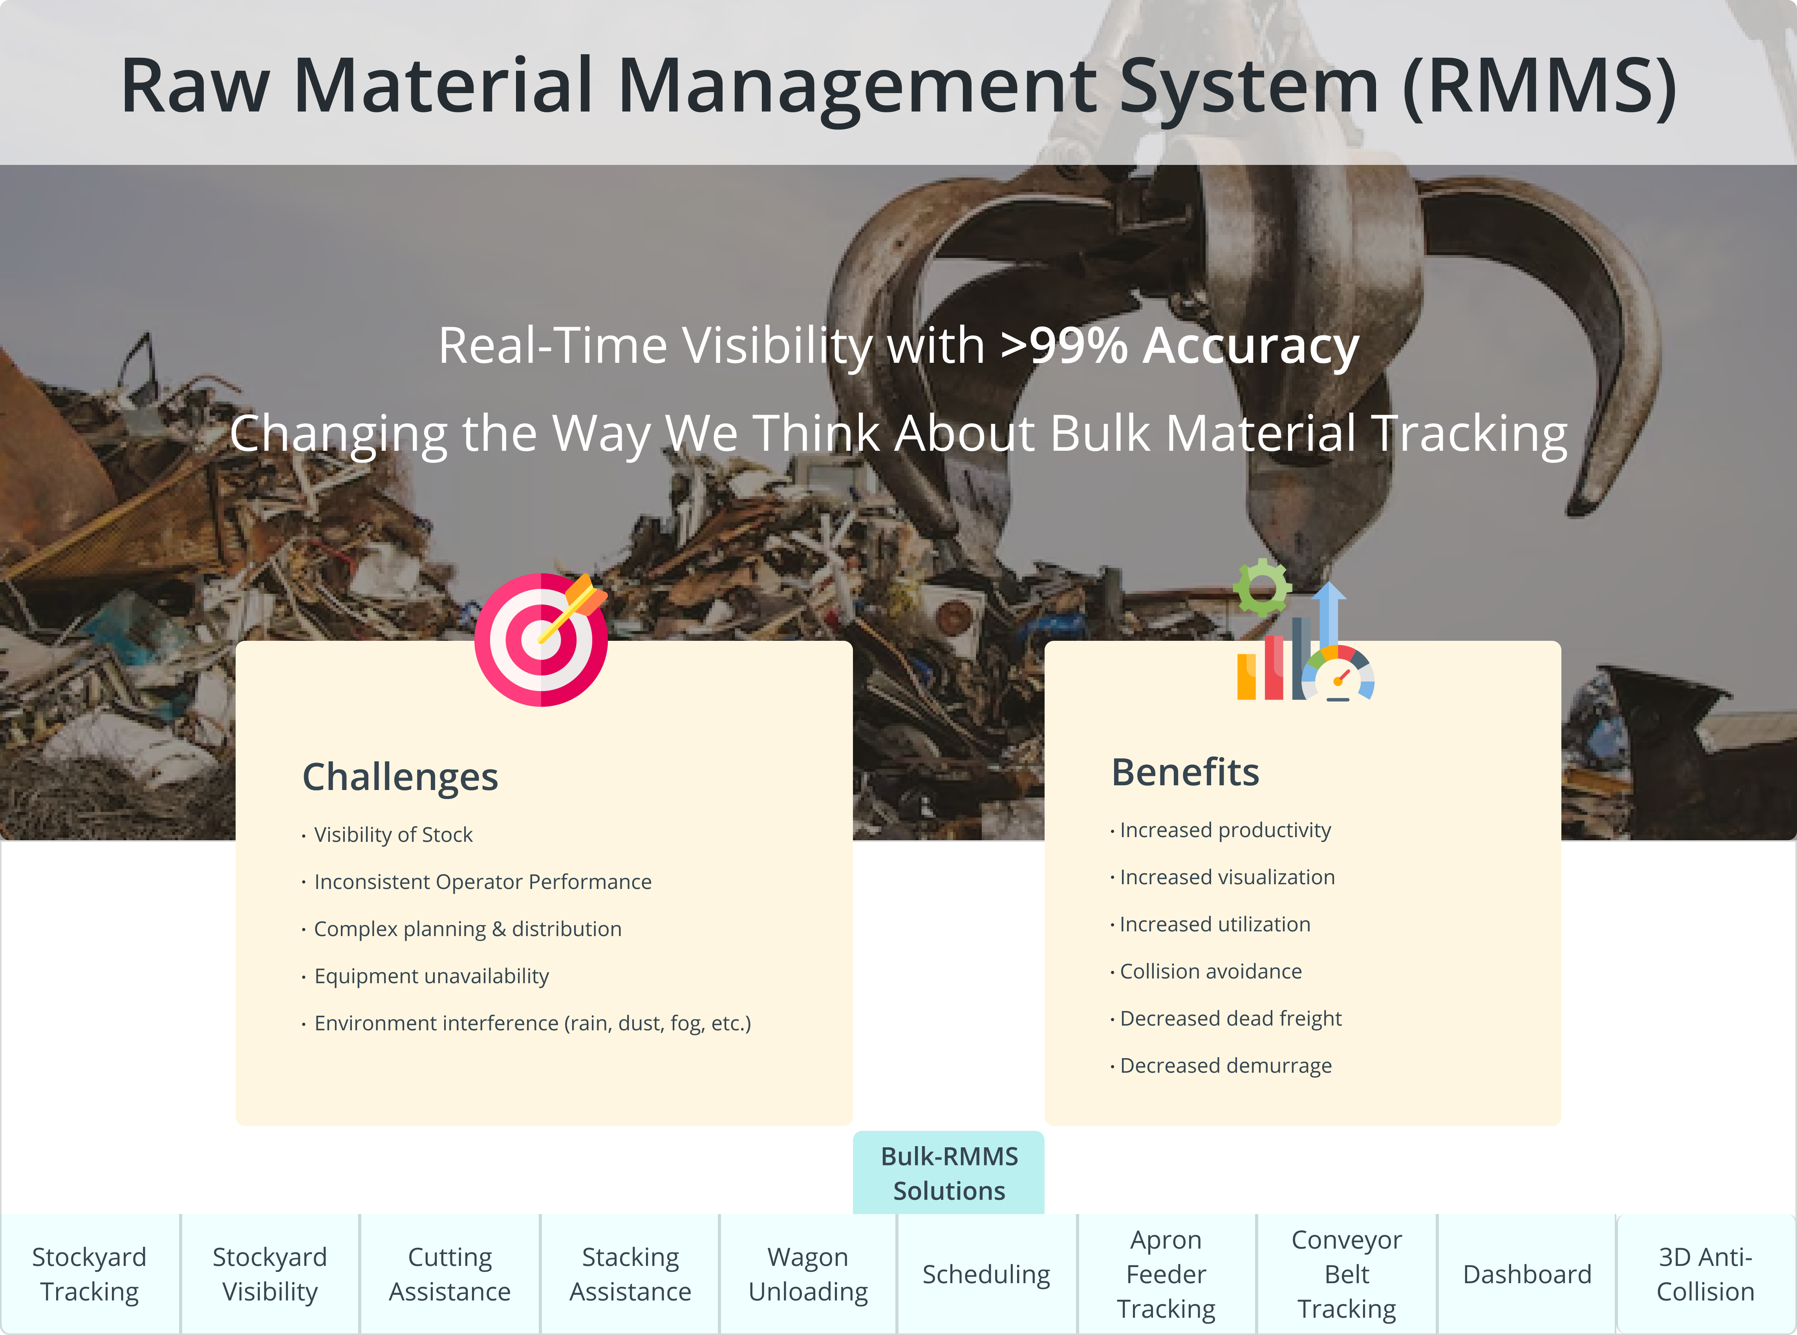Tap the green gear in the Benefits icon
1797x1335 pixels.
(x=1262, y=587)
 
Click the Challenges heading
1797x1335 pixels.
(x=400, y=777)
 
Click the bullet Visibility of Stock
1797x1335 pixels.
(x=388, y=835)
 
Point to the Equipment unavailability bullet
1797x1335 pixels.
(x=426, y=976)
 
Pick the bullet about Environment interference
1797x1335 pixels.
(x=527, y=1023)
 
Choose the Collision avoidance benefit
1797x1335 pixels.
(x=1206, y=971)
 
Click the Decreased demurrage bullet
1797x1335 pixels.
(x=1221, y=1066)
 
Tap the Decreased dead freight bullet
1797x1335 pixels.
(x=1226, y=1018)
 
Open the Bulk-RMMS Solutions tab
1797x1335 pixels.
(x=949, y=1172)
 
